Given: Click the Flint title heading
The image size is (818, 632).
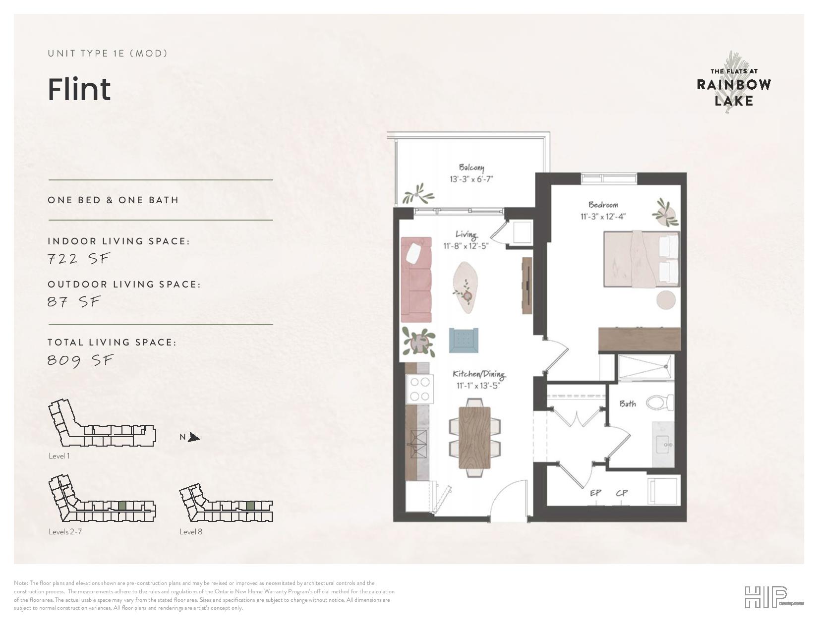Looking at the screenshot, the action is coord(79,90).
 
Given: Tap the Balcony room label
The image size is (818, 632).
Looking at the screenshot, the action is coord(471,168).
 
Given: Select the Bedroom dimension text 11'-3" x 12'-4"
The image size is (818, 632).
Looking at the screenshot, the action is coord(603,217).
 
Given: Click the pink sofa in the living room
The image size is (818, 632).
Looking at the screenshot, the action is coord(416,279).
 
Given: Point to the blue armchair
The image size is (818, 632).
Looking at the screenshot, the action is coord(464,340).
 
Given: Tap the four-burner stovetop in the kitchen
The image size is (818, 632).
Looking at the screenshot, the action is coord(420,389).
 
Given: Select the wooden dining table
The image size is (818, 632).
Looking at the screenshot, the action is coord(475,438).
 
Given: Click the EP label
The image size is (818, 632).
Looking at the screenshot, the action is coord(595,493).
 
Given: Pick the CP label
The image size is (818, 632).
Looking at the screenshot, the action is coord(622,493).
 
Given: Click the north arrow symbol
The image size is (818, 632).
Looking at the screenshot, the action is coord(193,437).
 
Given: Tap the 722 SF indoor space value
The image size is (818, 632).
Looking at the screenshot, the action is coord(78,259).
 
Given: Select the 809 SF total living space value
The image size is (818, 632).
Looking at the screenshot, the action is coord(80,360).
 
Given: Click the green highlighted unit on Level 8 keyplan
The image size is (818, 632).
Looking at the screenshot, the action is coord(250,506).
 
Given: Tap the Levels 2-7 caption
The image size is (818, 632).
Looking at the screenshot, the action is coord(65,531).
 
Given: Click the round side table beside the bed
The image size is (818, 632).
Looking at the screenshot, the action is coord(666,300).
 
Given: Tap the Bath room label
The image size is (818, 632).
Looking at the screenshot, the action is coord(628,404).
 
